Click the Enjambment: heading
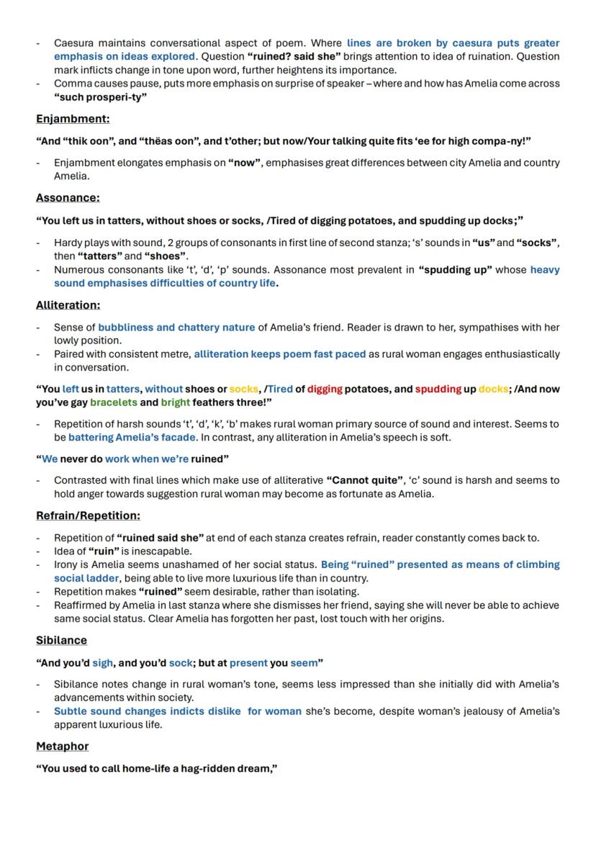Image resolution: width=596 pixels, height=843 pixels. (x=73, y=119)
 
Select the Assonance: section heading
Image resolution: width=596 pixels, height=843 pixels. (x=68, y=198)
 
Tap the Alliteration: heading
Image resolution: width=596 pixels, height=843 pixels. (x=68, y=305)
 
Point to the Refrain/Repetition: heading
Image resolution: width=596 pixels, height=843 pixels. (x=88, y=515)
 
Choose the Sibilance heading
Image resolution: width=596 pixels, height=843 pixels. (x=61, y=640)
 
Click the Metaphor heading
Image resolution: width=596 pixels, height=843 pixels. (x=62, y=746)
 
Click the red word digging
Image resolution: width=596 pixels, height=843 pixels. (x=325, y=389)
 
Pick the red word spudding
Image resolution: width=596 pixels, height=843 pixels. (x=438, y=389)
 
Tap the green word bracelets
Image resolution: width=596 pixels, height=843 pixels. (x=113, y=402)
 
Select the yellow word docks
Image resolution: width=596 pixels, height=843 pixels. (x=494, y=389)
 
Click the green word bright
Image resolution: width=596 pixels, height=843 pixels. (x=176, y=402)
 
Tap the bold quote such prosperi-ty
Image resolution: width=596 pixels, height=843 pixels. (x=100, y=97)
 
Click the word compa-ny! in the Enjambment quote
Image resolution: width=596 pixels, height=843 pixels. (x=505, y=141)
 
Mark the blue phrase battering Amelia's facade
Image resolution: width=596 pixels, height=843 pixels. (x=131, y=437)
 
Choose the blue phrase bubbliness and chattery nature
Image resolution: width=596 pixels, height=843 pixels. (x=176, y=328)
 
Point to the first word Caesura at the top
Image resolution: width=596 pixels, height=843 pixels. (x=74, y=43)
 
